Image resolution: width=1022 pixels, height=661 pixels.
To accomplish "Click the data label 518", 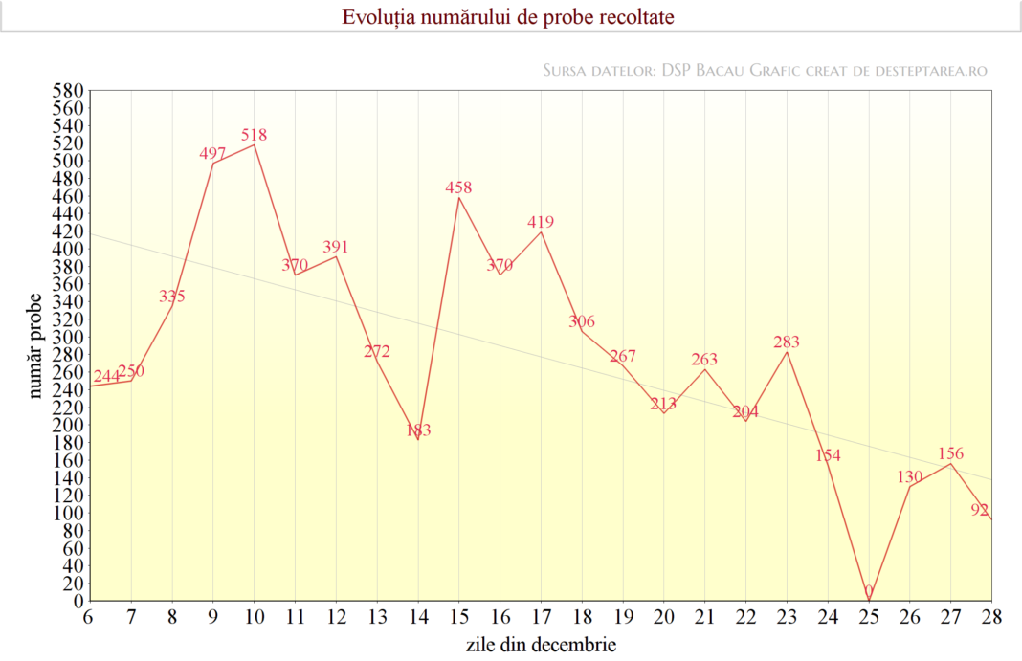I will click(x=254, y=135).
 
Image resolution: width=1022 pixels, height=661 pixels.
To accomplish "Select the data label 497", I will click(x=212, y=153).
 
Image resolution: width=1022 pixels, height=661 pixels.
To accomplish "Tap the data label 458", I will click(x=458, y=187).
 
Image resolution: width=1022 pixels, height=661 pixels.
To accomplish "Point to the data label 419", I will click(x=541, y=222).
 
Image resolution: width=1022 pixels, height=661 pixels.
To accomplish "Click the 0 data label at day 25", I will click(x=869, y=591).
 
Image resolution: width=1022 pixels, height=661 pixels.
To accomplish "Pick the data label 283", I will click(x=787, y=342).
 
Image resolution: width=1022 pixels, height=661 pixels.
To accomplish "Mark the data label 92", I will click(x=980, y=510).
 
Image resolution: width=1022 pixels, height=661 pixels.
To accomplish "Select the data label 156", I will click(x=950, y=453).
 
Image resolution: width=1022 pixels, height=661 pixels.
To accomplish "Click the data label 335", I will click(x=172, y=296).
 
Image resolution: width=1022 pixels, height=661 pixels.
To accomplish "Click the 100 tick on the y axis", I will click(x=70, y=513).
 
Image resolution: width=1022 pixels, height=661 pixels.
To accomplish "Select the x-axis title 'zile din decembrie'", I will click(x=541, y=644).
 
